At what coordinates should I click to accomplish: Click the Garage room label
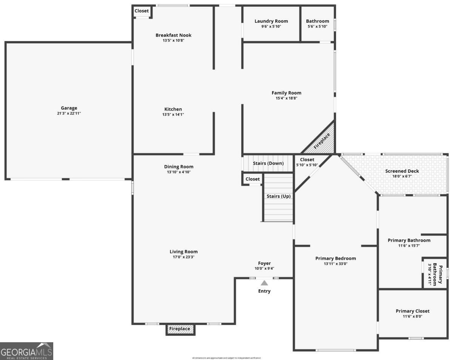point(69,108)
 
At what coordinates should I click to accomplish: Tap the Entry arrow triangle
point(264,283)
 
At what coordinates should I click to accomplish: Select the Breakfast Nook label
point(173,35)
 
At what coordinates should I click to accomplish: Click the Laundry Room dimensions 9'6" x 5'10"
point(271,26)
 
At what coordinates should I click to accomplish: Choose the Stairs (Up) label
point(278,196)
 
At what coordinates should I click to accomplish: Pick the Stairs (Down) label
point(268,163)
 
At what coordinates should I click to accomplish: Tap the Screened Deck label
point(402,171)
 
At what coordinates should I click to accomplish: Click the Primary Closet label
point(412,311)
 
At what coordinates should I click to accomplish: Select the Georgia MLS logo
point(26,351)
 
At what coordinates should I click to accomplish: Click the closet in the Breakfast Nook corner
point(142,11)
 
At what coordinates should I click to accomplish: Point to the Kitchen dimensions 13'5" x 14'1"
point(173,114)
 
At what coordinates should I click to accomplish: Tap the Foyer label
point(264,263)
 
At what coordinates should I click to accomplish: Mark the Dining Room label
point(179,167)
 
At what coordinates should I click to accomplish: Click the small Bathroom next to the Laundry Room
point(317,23)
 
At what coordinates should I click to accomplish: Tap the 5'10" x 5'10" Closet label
point(307,162)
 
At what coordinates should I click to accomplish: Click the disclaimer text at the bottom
point(226,358)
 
